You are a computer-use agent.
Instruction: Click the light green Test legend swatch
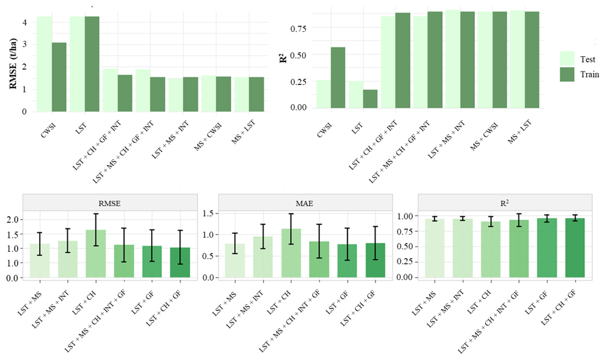pos(567,59)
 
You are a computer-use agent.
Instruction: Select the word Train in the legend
pos(589,74)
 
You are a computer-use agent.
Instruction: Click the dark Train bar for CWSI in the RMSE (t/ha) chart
pos(59,77)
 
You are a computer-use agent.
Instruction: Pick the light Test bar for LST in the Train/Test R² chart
pos(356,95)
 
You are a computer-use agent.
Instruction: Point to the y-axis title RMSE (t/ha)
pos(13,63)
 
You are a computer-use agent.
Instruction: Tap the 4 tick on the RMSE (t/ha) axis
pos(25,22)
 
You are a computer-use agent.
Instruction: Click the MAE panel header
pos(304,203)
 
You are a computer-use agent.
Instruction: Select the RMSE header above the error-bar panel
pos(110,203)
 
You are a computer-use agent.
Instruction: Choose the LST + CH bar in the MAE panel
pos(291,253)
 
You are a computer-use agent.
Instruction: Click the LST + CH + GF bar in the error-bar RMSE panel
pos(180,262)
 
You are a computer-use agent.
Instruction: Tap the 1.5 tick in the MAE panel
pos(208,214)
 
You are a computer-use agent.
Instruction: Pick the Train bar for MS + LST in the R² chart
pos(532,60)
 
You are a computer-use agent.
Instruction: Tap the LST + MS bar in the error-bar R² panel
pos(435,248)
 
